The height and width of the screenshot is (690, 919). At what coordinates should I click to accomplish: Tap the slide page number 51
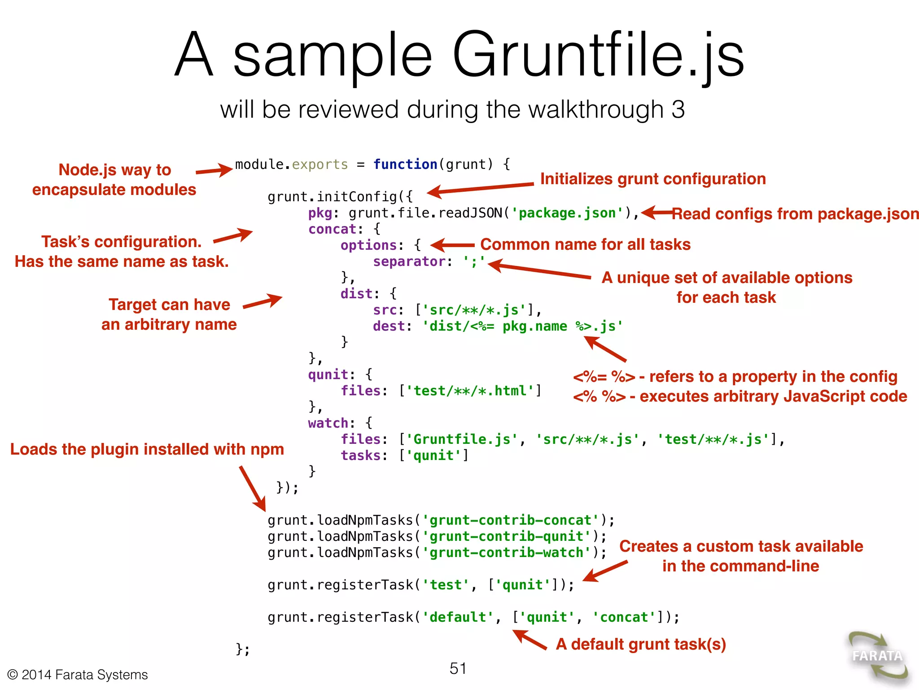pyautogui.click(x=458, y=668)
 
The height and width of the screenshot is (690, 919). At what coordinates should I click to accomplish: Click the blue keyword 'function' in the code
pyautogui.click(x=405, y=164)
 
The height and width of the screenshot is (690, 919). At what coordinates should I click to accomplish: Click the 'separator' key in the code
pyautogui.click(x=409, y=261)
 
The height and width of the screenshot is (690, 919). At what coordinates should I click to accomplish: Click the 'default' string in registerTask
pyautogui.click(x=458, y=617)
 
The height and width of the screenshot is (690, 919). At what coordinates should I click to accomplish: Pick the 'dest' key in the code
pyautogui.click(x=389, y=326)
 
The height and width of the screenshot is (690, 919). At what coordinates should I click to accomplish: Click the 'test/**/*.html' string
pyautogui.click(x=470, y=391)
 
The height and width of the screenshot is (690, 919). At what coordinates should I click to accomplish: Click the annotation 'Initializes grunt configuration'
pyautogui.click(x=653, y=179)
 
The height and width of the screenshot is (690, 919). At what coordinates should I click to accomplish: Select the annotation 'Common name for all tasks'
pyautogui.click(x=585, y=244)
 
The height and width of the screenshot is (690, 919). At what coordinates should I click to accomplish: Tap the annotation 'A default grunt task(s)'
pyautogui.click(x=641, y=644)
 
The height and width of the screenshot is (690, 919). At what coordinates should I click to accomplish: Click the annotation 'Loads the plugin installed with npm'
pyautogui.click(x=147, y=449)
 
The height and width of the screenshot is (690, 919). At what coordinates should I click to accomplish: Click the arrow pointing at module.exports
pyautogui.click(x=214, y=170)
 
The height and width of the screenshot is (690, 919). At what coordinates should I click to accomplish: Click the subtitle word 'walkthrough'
pyautogui.click(x=574, y=110)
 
